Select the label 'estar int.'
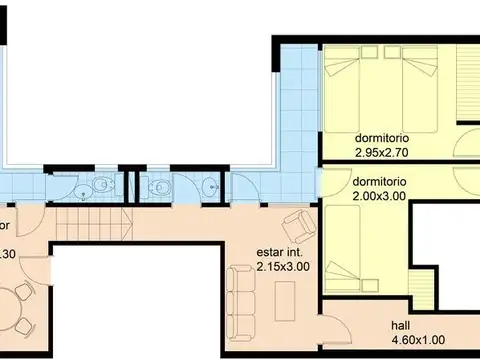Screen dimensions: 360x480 pyautogui.click(x=277, y=253)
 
